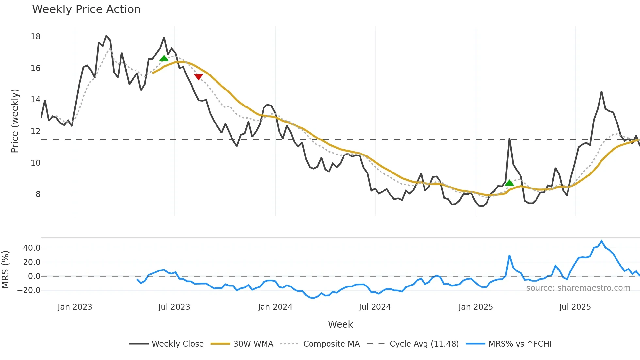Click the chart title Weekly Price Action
(x=86, y=9)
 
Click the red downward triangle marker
(x=199, y=77)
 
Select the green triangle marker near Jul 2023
(x=164, y=58)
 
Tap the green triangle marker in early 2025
(x=509, y=183)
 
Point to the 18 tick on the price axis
(x=36, y=37)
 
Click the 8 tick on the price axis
(x=38, y=194)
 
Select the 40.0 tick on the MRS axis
(x=32, y=248)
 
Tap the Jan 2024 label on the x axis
(x=275, y=307)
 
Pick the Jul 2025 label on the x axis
(x=575, y=307)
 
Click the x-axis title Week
(x=340, y=324)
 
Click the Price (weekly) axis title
(x=15, y=121)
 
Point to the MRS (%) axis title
(x=5, y=270)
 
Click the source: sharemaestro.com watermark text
(x=578, y=288)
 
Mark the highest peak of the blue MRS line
(x=601, y=241)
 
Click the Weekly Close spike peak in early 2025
(x=509, y=139)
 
